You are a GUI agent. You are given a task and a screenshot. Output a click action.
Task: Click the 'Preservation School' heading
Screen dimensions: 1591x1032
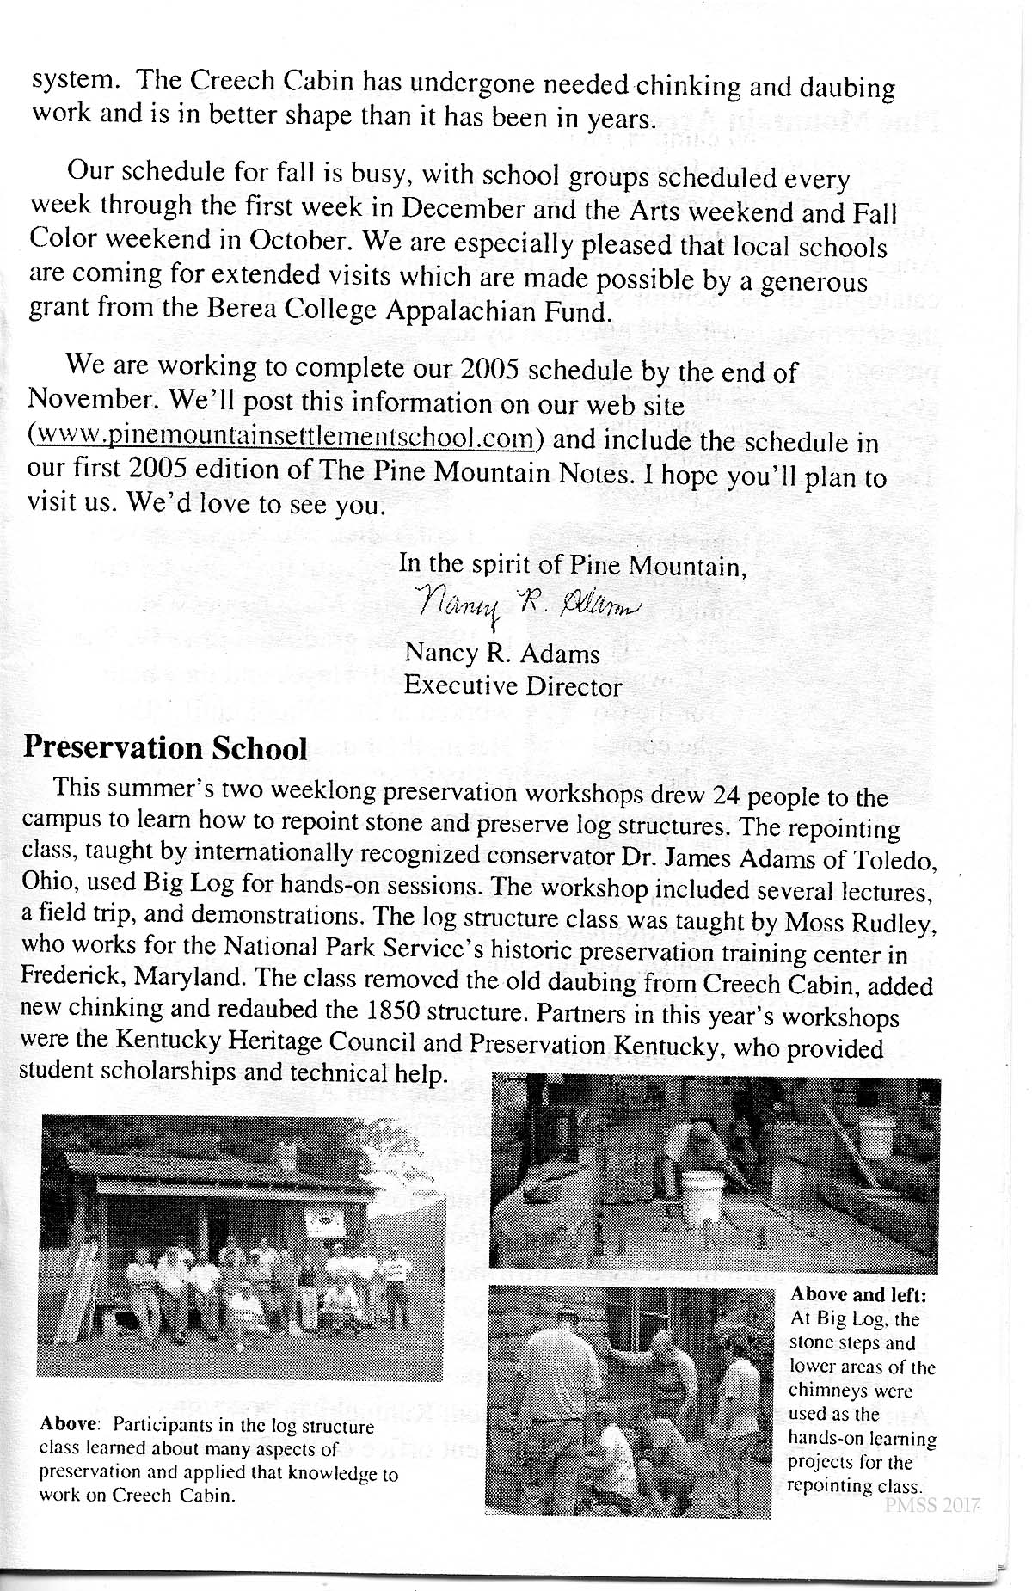tap(165, 748)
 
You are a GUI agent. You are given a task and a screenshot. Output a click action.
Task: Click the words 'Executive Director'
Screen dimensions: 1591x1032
tap(513, 686)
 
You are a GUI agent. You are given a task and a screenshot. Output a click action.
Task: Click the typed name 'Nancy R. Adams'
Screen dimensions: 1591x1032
tap(502, 654)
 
